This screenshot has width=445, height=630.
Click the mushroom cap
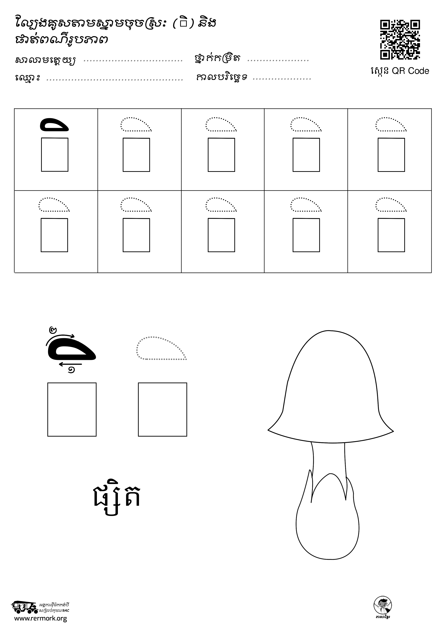tap(330, 387)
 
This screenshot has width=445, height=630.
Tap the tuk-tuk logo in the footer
tap(24, 607)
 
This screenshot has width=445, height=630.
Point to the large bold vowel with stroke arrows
tap(72, 350)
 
